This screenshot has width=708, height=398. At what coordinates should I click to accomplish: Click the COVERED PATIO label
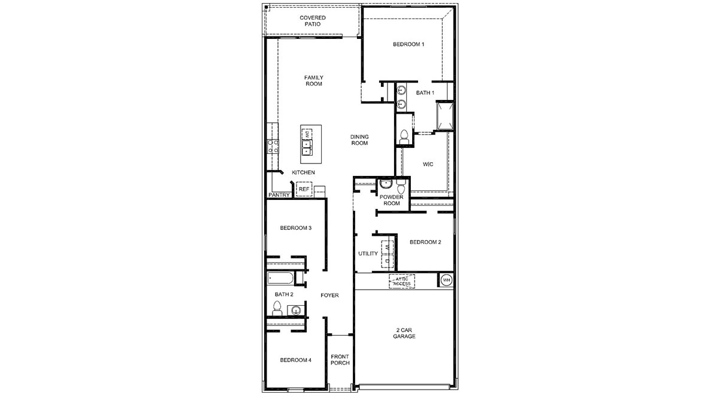tap(313, 21)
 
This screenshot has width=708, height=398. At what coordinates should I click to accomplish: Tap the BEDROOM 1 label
tap(409, 45)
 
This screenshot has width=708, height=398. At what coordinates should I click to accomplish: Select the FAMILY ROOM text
tap(313, 81)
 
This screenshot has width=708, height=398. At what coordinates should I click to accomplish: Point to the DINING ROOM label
tap(359, 140)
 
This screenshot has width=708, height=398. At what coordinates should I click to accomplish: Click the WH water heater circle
tap(446, 280)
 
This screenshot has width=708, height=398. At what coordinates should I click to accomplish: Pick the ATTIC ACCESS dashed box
tap(401, 281)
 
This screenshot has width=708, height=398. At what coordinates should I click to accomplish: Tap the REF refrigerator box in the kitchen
tap(304, 189)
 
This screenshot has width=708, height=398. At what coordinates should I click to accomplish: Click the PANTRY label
tap(279, 195)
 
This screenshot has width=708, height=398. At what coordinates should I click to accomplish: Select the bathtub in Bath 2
tap(280, 278)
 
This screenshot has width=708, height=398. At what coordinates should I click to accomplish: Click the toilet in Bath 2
tap(277, 308)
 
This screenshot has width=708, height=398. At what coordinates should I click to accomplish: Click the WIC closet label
tap(428, 164)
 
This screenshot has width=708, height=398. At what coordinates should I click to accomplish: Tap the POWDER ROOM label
tap(391, 200)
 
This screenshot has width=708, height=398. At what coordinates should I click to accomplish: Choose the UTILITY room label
tap(368, 254)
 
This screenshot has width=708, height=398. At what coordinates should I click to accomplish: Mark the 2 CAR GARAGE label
tap(404, 333)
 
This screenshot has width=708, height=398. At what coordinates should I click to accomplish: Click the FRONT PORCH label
tap(340, 360)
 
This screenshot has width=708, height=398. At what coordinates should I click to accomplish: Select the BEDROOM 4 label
tap(296, 360)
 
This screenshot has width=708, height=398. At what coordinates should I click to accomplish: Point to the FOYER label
tap(329, 295)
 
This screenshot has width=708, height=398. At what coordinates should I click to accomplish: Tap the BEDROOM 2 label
tap(425, 242)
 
